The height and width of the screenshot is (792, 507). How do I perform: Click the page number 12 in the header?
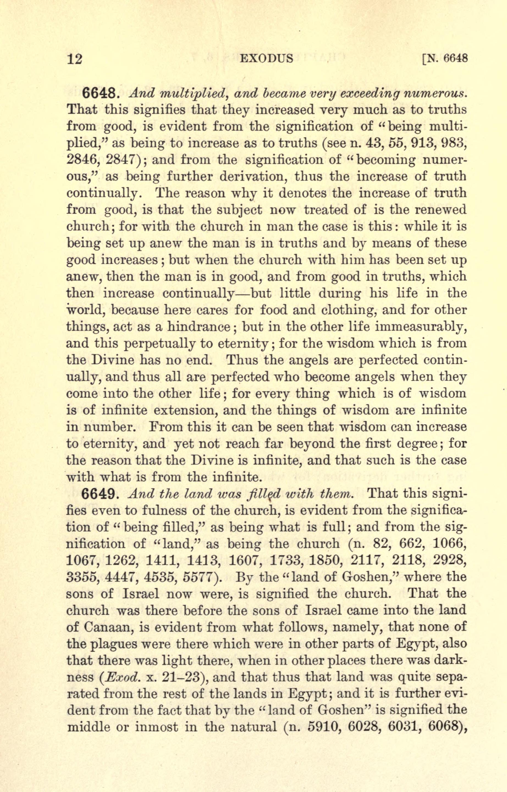click(75, 59)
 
